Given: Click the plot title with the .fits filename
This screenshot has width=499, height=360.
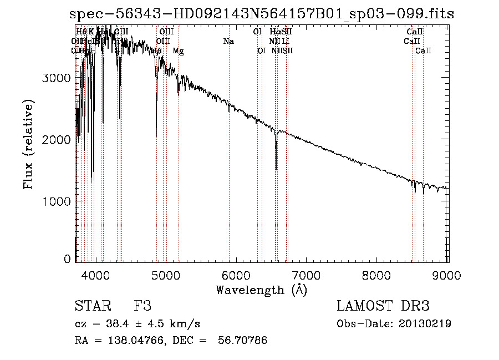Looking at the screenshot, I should [x=261, y=14].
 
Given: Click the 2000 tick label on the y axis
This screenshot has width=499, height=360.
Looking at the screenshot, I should [x=57, y=140].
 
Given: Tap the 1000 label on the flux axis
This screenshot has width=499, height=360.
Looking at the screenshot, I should [x=57, y=201].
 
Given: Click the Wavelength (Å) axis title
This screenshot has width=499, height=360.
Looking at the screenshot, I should [x=261, y=290].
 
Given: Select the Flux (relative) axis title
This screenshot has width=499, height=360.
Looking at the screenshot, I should [x=28, y=144].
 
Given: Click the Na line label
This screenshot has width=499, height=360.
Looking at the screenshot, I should [x=228, y=41].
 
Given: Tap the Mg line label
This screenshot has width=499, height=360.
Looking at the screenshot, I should [x=178, y=51].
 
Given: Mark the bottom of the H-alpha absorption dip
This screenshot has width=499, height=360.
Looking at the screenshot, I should [x=276, y=169].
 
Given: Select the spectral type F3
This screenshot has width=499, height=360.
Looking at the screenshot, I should [x=142, y=306].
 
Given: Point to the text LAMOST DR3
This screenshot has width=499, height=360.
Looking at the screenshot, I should [x=383, y=306].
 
